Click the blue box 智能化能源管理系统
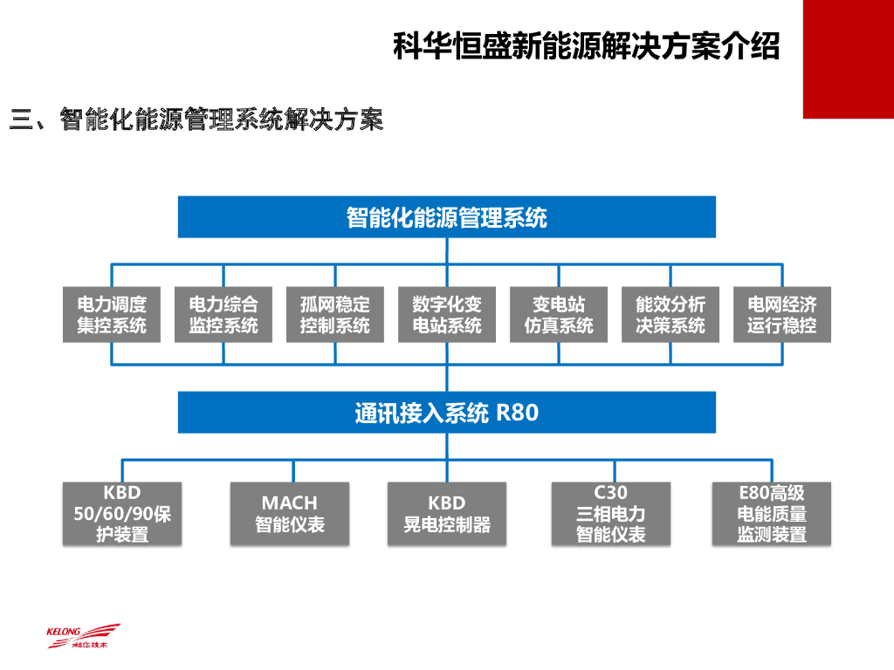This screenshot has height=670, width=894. tap(446, 216)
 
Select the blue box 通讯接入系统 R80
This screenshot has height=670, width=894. tap(446, 412)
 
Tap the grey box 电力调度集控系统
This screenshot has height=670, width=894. tap(112, 314)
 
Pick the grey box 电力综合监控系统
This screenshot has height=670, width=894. tap(223, 314)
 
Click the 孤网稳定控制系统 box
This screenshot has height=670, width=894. tap(335, 314)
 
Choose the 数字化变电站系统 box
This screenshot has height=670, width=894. tap(447, 314)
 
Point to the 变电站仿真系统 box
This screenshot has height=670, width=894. tap(559, 314)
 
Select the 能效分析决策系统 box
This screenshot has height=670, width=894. tap(670, 314)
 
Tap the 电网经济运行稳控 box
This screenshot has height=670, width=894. tap(782, 314)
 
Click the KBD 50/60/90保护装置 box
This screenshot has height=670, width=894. tap(122, 514)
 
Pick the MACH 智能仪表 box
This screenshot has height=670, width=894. tap(290, 514)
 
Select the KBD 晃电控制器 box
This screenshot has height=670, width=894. tap(447, 514)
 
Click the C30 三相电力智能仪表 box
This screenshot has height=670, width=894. tap(611, 514)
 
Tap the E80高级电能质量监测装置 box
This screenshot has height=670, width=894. tap(772, 514)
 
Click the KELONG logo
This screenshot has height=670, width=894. tap(83, 636)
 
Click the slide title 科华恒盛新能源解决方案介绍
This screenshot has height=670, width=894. tap(586, 45)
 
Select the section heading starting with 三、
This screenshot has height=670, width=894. tap(196, 120)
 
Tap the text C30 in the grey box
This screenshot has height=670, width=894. tap(611, 494)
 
